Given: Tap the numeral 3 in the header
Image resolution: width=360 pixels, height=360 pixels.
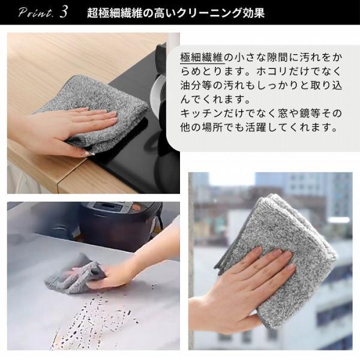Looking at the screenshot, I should [x=64, y=12].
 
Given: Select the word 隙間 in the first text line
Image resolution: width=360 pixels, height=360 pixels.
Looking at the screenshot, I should [x=269, y=58].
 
